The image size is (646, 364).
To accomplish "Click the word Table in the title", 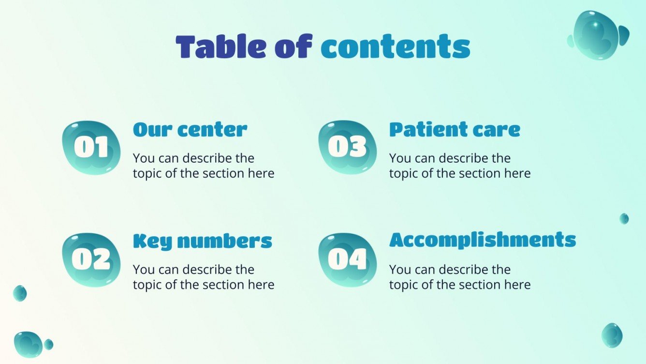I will (x=217, y=47).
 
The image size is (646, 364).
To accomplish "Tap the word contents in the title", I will (x=396, y=47).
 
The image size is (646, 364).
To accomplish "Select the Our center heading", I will (x=190, y=130).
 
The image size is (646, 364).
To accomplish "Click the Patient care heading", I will (x=455, y=130).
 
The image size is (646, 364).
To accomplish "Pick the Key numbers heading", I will (x=203, y=241).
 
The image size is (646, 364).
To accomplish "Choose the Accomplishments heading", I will (x=483, y=240).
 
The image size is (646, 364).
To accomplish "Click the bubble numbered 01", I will (x=91, y=147).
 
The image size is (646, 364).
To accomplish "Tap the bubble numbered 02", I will (x=91, y=259).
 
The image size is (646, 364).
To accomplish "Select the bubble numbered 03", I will (x=348, y=147).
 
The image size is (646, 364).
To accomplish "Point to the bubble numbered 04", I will (x=348, y=259).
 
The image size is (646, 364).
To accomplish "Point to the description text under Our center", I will (x=204, y=166).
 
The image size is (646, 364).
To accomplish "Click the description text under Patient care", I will (x=460, y=166).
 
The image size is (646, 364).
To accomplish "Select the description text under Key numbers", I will (x=204, y=277).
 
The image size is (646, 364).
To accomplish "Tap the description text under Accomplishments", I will (x=460, y=277).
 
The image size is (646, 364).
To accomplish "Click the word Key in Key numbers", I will (x=147, y=241).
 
